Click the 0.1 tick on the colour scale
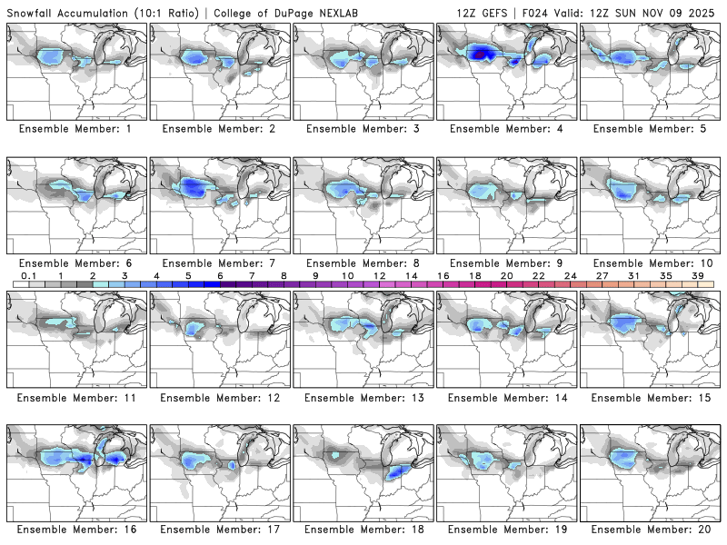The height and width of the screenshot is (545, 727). tap(28, 275)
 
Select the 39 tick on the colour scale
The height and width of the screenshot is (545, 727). tap(697, 275)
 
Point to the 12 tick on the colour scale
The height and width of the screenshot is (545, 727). tap(379, 275)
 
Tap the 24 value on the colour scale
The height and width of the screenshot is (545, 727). tap(570, 275)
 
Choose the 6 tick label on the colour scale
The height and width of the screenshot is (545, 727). tap(220, 275)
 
